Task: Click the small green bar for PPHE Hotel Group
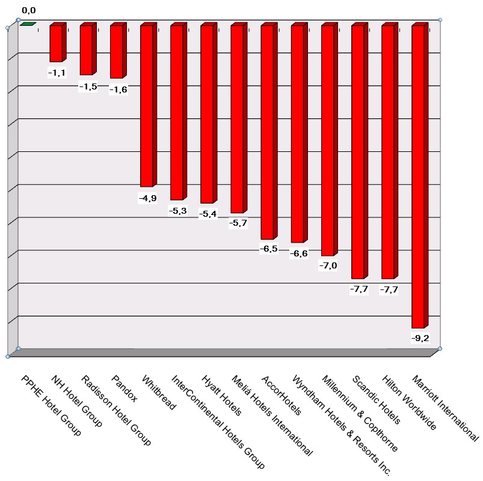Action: (28, 24)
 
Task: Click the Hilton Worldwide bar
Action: (389, 152)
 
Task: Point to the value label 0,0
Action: (28, 10)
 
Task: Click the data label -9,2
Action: (419, 338)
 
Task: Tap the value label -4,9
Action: (147, 198)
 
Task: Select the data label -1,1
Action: (57, 73)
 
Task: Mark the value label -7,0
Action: (328, 266)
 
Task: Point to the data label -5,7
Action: (238, 223)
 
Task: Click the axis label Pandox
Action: (125, 389)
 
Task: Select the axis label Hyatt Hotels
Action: (221, 396)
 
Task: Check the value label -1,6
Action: (118, 89)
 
